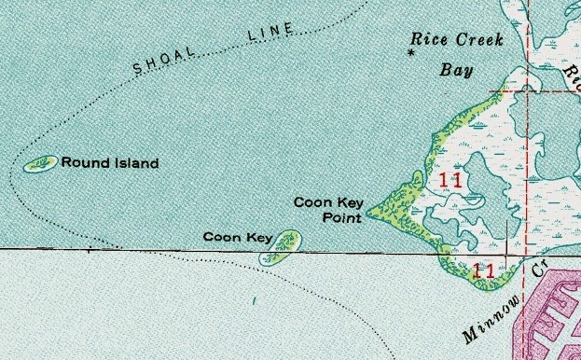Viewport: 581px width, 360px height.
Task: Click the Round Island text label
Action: pyautogui.click(x=109, y=163)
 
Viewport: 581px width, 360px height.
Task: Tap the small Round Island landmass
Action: pyautogui.click(x=40, y=165)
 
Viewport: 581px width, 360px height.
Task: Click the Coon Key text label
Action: pyautogui.click(x=237, y=238)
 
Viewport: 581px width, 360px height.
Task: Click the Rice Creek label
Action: pyautogui.click(x=457, y=40)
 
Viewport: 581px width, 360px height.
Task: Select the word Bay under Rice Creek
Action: pyautogui.click(x=457, y=71)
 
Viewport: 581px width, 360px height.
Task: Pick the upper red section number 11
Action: pyautogui.click(x=450, y=181)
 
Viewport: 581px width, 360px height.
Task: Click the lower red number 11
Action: pyautogui.click(x=483, y=272)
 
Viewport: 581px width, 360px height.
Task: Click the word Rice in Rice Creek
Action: pyautogui.click(x=430, y=40)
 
